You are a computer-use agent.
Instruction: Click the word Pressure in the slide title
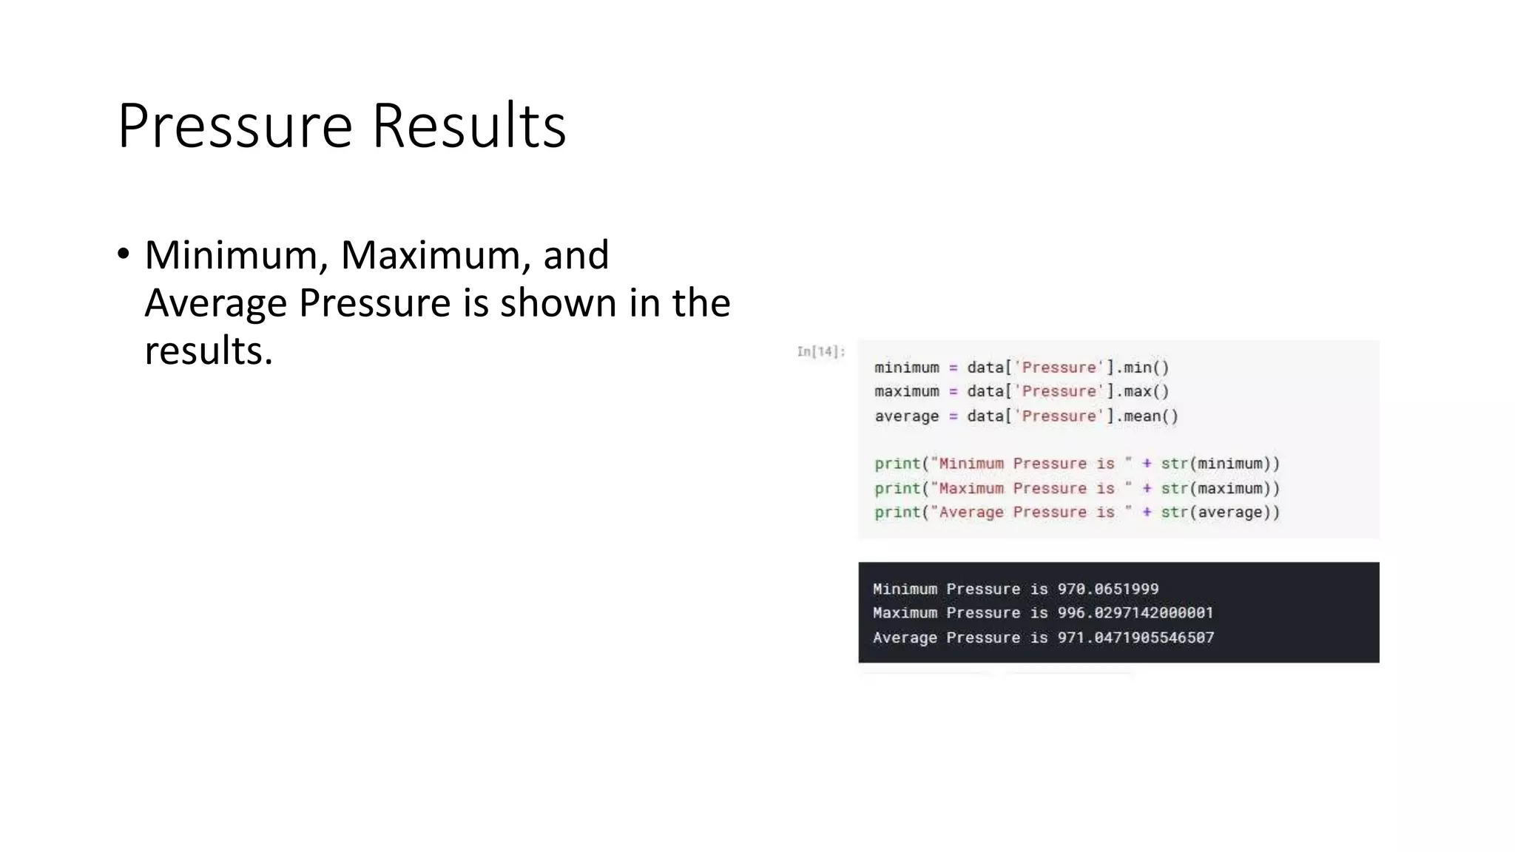point(234,126)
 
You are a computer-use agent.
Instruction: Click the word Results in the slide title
point(468,126)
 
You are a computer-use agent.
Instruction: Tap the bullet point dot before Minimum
point(123,254)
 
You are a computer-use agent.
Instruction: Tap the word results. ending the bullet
point(209,351)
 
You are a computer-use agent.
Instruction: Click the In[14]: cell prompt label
point(820,352)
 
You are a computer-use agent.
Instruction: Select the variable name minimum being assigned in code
point(906,368)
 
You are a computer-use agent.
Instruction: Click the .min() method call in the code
point(1142,368)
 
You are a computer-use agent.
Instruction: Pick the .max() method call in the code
point(1142,391)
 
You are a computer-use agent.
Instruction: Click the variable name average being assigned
point(906,416)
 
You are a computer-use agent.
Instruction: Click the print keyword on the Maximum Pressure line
point(897,488)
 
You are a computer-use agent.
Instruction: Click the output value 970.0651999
point(1107,589)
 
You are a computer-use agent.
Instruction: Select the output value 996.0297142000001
point(1135,613)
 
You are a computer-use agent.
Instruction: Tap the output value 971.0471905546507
point(1135,638)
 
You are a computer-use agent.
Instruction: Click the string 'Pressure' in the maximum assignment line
point(1059,391)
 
